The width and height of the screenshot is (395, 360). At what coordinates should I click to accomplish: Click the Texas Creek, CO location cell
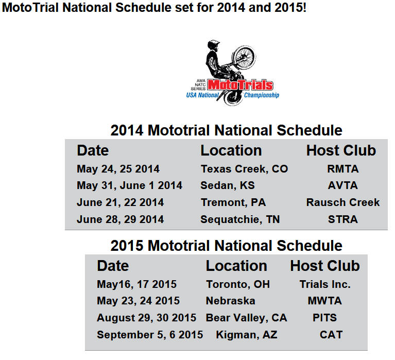[244, 169]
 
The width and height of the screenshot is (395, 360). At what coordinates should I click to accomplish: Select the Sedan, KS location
[228, 186]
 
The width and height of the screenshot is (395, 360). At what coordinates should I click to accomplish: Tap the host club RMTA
[342, 169]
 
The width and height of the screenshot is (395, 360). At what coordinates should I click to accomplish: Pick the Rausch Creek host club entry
[342, 202]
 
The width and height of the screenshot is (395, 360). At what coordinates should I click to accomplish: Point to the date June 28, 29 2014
[120, 219]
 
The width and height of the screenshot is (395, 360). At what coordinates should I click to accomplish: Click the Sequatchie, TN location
[240, 219]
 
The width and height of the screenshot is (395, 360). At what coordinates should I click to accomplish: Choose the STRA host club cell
[342, 219]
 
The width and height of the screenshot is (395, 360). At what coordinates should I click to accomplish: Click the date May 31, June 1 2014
[129, 186]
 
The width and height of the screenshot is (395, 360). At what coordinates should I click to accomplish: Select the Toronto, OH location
[238, 284]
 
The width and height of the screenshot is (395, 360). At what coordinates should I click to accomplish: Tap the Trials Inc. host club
[325, 284]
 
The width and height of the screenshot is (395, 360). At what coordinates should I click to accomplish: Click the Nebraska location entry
[231, 301]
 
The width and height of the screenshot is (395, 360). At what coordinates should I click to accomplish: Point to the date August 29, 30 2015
[146, 318]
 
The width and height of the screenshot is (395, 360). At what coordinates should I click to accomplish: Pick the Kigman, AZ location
[247, 335]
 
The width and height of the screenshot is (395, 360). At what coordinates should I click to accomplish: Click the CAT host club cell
[331, 335]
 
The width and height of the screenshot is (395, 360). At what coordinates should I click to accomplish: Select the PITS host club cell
[325, 318]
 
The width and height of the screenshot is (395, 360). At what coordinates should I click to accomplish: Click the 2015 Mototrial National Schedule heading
[226, 246]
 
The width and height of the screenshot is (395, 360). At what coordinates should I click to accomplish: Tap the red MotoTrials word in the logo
[240, 85]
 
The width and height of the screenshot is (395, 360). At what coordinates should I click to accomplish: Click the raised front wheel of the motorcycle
[244, 58]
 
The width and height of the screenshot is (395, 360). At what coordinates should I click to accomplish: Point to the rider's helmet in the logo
[213, 45]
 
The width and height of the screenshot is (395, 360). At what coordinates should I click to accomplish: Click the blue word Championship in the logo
[262, 95]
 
